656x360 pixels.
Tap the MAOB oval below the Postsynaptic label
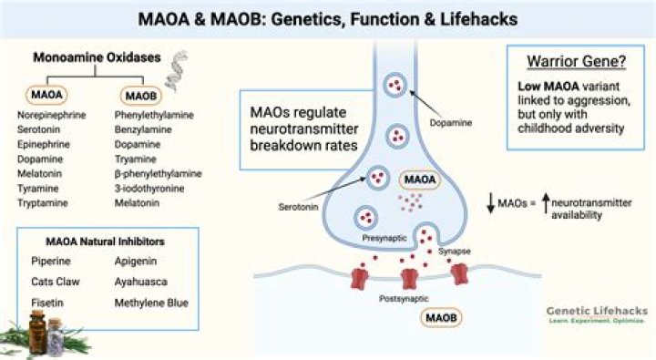(442, 318)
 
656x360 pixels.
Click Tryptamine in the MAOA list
(43, 201)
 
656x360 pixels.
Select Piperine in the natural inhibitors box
(49, 261)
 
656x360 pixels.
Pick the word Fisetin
(46, 302)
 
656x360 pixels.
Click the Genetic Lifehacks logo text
(597, 311)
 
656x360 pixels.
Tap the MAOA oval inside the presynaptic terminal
(422, 180)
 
